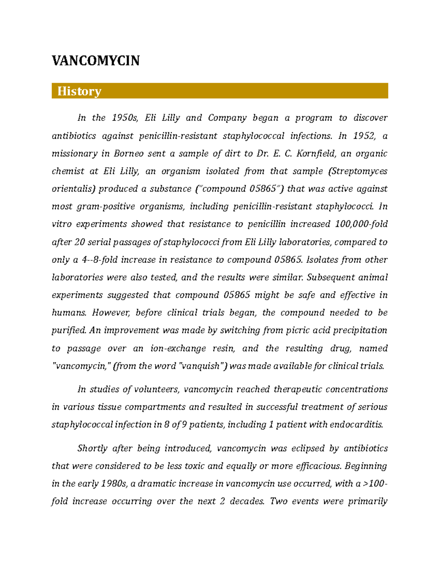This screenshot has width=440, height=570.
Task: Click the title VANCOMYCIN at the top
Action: tap(96, 61)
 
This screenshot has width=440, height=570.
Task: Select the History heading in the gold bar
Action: tap(79, 91)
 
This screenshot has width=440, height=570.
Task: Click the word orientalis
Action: tap(73, 189)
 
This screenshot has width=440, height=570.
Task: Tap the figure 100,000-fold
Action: tap(362, 224)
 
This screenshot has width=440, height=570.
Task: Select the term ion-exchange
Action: tap(179, 348)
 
